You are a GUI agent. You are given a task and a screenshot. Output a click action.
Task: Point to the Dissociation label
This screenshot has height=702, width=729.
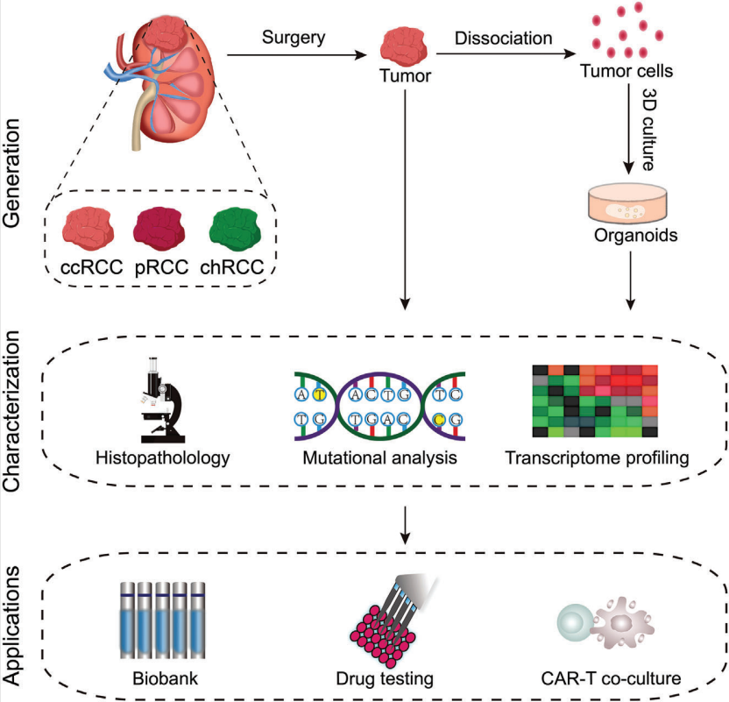[x=503, y=39]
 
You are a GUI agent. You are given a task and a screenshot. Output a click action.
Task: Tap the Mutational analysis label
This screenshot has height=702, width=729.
[x=379, y=457]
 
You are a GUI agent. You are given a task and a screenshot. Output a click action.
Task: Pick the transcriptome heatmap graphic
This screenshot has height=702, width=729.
[x=594, y=401]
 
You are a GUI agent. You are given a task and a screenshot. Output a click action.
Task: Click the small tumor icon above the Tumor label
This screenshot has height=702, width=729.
[x=404, y=44]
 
